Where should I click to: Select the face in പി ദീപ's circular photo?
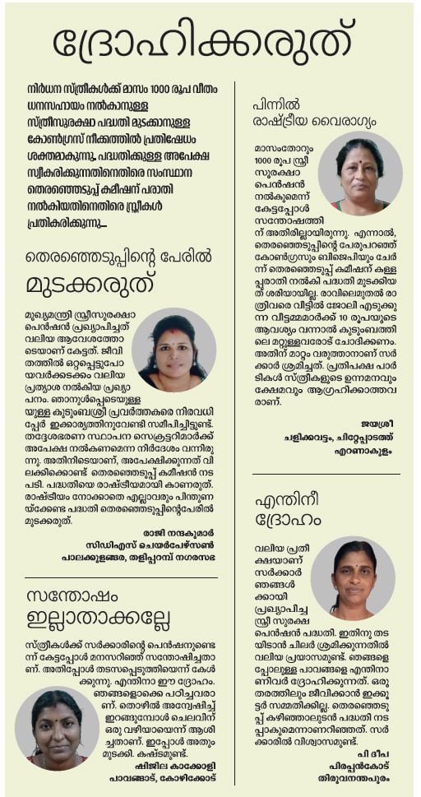[x=354, y=573]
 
